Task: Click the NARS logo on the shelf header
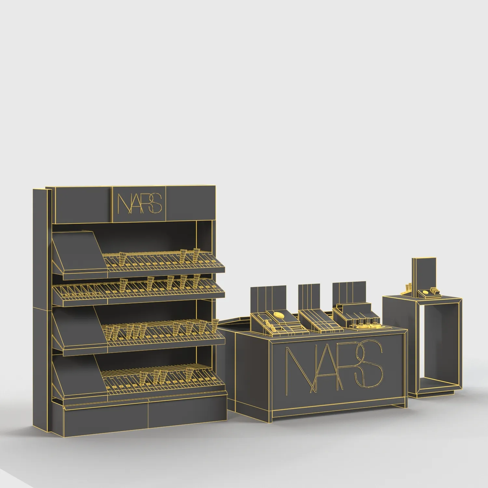139,203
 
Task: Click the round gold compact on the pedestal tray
425,292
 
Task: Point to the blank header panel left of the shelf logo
83,204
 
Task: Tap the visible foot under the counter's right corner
399,407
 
